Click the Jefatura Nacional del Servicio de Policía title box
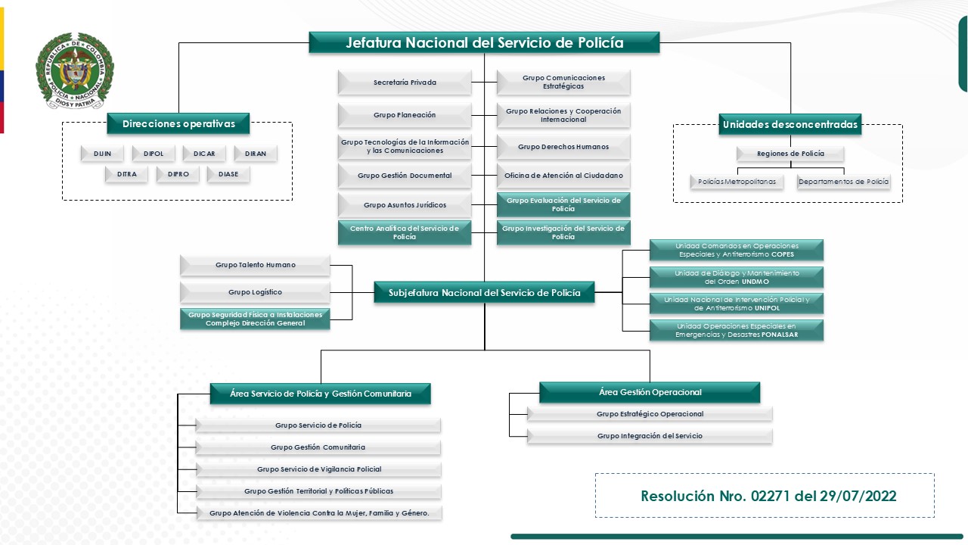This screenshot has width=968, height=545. pyautogui.click(x=484, y=42)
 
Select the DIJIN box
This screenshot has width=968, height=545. pyautogui.click(x=103, y=154)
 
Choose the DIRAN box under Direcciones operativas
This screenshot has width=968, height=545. pyautogui.click(x=256, y=154)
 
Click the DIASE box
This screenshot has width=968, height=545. pyautogui.click(x=228, y=174)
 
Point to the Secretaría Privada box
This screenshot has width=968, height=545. pyautogui.click(x=405, y=83)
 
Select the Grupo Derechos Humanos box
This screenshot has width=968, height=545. pyautogui.click(x=563, y=147)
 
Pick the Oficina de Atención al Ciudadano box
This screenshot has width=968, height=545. pyautogui.click(x=563, y=176)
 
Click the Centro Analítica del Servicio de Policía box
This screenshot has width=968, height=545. pyautogui.click(x=405, y=232)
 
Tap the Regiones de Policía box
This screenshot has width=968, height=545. pyautogui.click(x=790, y=154)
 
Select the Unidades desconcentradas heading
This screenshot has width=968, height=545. pyautogui.click(x=790, y=124)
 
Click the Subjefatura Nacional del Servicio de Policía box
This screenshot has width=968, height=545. pyautogui.click(x=484, y=292)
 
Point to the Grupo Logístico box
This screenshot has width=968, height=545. pyautogui.click(x=255, y=292)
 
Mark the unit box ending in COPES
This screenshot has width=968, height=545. pyautogui.click(x=736, y=250)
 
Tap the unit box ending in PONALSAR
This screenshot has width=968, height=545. pyautogui.click(x=736, y=330)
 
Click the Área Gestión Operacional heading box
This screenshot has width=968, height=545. pyautogui.click(x=650, y=392)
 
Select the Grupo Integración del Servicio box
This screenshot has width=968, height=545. pyautogui.click(x=650, y=436)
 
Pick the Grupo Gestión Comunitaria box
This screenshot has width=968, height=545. pyautogui.click(x=318, y=447)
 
